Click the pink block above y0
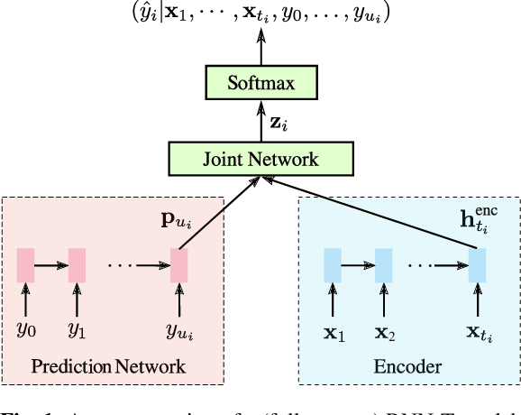pyautogui.click(x=25, y=265)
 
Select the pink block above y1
pyautogui.click(x=77, y=265)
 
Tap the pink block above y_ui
pyautogui.click(x=179, y=265)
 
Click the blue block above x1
pyautogui.click(x=333, y=265)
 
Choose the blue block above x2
pyautogui.click(x=384, y=265)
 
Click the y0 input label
pyautogui.click(x=25, y=329)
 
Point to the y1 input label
pyautogui.click(x=77, y=329)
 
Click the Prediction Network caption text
pyautogui.click(x=108, y=366)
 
